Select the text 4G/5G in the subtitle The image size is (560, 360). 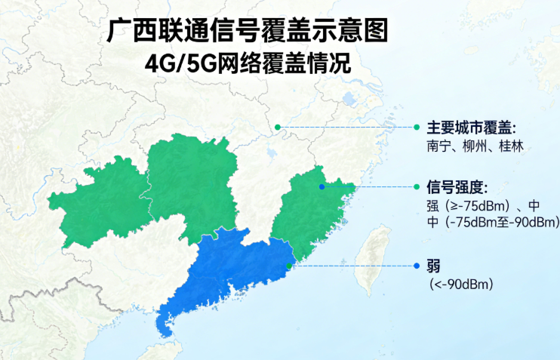pos(175,63)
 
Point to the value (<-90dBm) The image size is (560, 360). pos(460,284)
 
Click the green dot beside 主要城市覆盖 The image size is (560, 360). pos(416,127)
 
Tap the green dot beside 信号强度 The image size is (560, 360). pos(416,186)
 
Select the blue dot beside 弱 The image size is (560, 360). pos(416,266)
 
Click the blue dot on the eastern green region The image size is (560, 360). pos(322,186)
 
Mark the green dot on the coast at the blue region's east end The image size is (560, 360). pos(291,266)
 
